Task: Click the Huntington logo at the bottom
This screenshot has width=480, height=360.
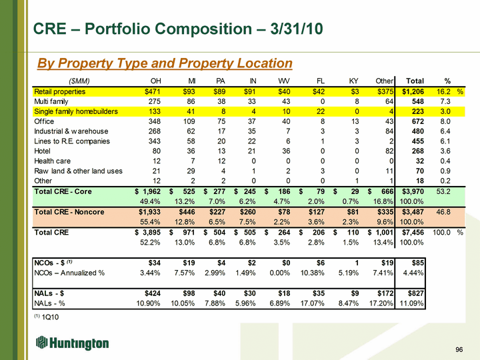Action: (73, 343)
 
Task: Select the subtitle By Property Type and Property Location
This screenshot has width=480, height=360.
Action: (165, 63)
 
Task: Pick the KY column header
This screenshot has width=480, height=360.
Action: (354, 81)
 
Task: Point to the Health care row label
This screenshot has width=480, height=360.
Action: (54, 161)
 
